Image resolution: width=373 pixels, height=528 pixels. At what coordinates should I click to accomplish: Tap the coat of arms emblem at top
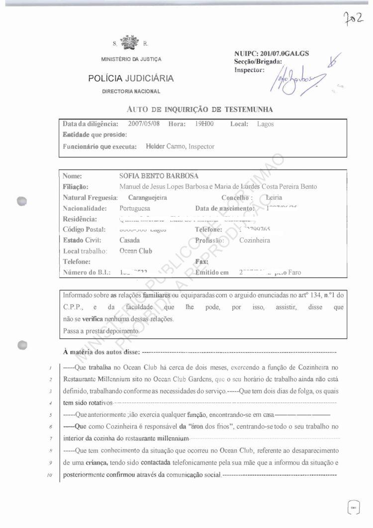pyautogui.click(x=131, y=42)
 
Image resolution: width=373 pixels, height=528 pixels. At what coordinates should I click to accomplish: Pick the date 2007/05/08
pyautogui.click(x=143, y=124)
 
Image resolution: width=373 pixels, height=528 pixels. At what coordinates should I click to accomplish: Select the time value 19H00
pyautogui.click(x=205, y=124)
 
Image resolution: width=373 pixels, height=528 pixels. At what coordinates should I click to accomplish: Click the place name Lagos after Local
pyautogui.click(x=266, y=124)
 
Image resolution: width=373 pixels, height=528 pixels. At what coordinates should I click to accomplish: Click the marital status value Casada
pyautogui.click(x=130, y=240)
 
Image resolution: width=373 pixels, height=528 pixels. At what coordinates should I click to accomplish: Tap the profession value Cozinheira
pyautogui.click(x=255, y=240)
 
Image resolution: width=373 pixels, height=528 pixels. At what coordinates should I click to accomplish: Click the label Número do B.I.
pyautogui.click(x=87, y=272)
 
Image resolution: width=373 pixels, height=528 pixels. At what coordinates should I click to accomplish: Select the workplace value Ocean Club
pyautogui.click(x=136, y=251)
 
